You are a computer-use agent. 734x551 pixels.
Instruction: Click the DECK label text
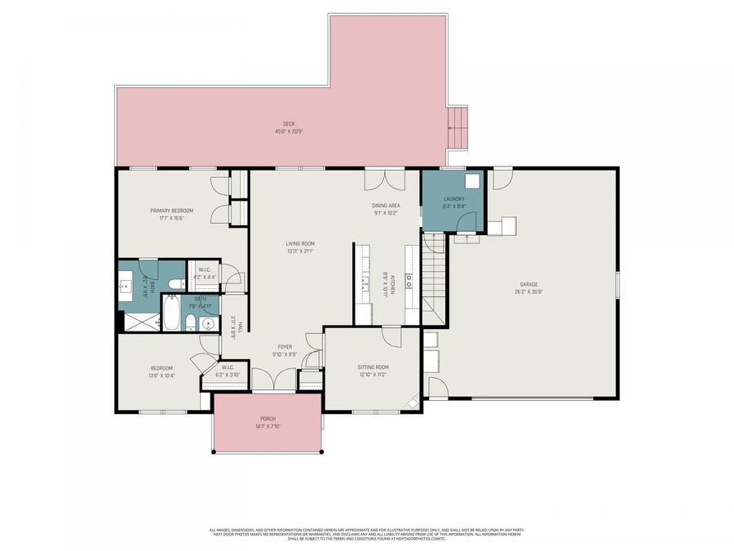[x=284, y=124]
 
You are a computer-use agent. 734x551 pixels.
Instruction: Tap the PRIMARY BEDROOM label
[x=171, y=211]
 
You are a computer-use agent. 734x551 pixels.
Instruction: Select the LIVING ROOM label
[x=300, y=243]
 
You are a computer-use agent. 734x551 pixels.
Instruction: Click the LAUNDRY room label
[x=454, y=199]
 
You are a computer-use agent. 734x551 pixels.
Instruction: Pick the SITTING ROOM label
[x=373, y=367]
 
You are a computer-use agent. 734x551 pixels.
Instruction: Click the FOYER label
[x=284, y=347]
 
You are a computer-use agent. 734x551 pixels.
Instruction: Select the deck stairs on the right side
[x=460, y=130]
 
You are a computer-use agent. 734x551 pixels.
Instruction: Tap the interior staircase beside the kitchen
[x=435, y=278]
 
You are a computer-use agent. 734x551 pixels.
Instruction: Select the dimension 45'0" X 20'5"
[x=284, y=131]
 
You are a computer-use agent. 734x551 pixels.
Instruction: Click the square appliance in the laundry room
[x=472, y=182]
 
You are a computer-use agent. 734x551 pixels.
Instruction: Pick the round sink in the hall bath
[x=207, y=324]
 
